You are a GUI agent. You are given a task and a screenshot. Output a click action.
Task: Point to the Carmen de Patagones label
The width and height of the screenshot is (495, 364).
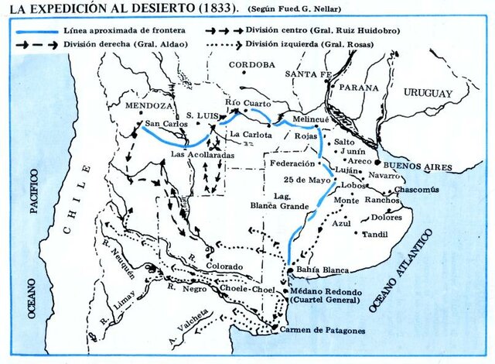tap(320, 330)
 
